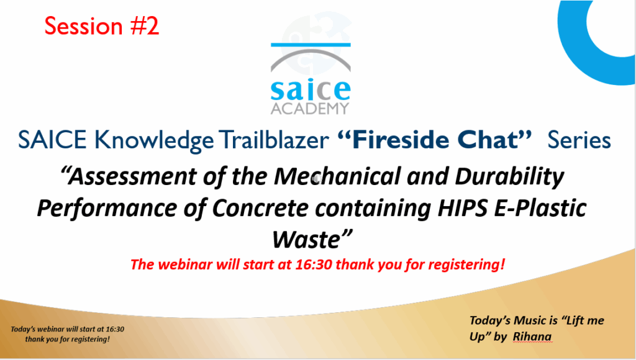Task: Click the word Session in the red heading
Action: point(83,26)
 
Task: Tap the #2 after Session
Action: point(144,26)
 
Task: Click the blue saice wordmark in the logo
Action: point(311,90)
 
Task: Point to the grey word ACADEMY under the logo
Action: point(309,108)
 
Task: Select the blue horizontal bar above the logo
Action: point(311,45)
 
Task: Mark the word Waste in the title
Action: point(306,240)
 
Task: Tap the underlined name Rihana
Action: point(532,337)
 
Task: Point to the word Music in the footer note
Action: point(530,321)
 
